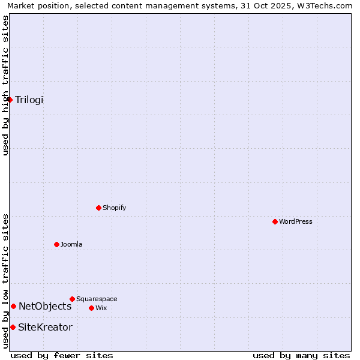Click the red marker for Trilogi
[x=10, y=100]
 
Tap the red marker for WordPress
[x=275, y=221]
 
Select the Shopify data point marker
[x=98, y=208]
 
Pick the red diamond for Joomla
[x=56, y=244]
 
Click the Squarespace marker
[x=72, y=299]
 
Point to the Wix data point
[x=91, y=308]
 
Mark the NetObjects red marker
[x=13, y=306]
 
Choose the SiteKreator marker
[x=13, y=327]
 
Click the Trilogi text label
[x=29, y=100]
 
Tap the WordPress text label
[x=295, y=221]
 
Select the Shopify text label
[x=114, y=208]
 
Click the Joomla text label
[x=71, y=244]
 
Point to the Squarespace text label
[x=97, y=299]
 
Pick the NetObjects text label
[x=45, y=306]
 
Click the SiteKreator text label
[x=45, y=327]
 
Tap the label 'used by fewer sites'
[x=62, y=355]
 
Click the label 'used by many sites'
[x=301, y=355]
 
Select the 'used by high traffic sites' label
[x=5, y=85]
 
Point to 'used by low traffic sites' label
[x=5, y=281]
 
